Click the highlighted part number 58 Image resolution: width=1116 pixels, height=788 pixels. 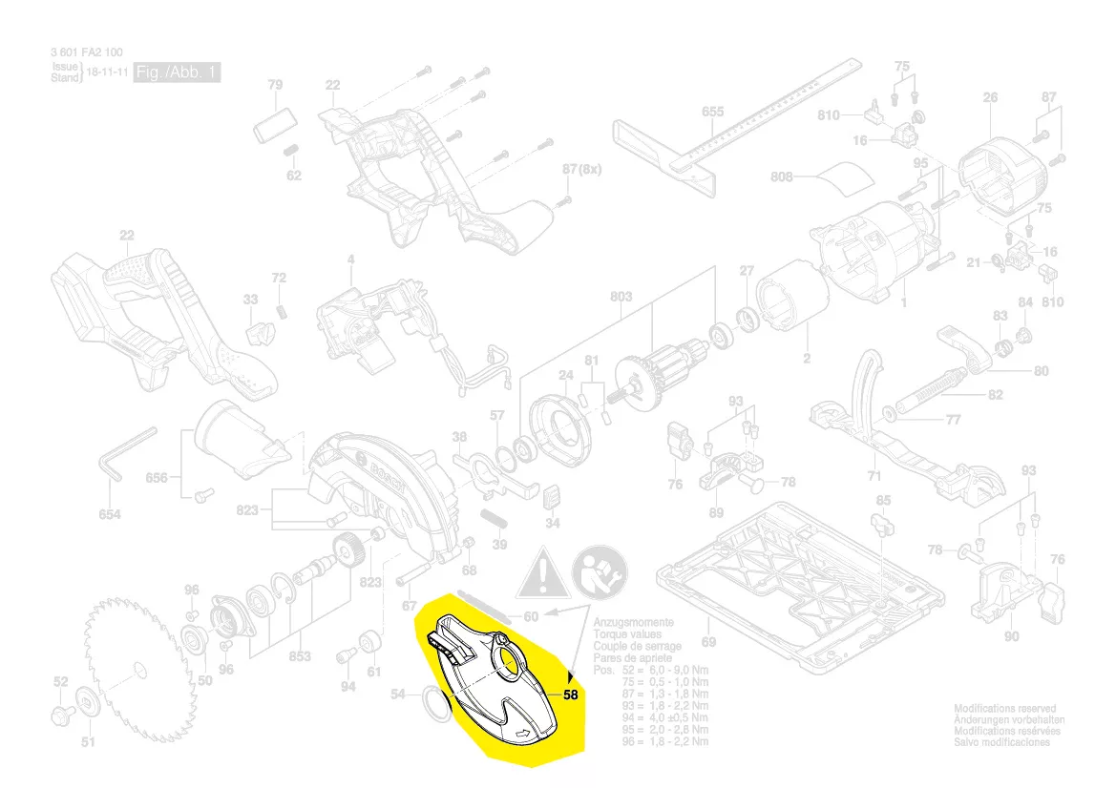[x=571, y=695]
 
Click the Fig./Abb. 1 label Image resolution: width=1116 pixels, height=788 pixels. [x=177, y=73]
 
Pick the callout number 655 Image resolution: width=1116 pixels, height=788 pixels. [x=712, y=112]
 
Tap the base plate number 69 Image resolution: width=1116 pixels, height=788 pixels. [x=708, y=641]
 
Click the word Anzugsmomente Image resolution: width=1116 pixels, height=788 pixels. [x=633, y=622]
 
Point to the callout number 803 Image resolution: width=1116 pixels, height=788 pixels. [x=621, y=297]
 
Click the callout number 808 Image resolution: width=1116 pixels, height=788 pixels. [x=783, y=176]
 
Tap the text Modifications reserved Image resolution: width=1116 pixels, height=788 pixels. [x=1005, y=709]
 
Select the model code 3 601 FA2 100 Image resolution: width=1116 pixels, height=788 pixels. [x=86, y=52]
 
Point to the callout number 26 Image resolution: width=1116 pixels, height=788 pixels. [x=990, y=97]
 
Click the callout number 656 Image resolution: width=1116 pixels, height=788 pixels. [x=156, y=477]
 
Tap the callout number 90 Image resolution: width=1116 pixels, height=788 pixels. [x=1012, y=636]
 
